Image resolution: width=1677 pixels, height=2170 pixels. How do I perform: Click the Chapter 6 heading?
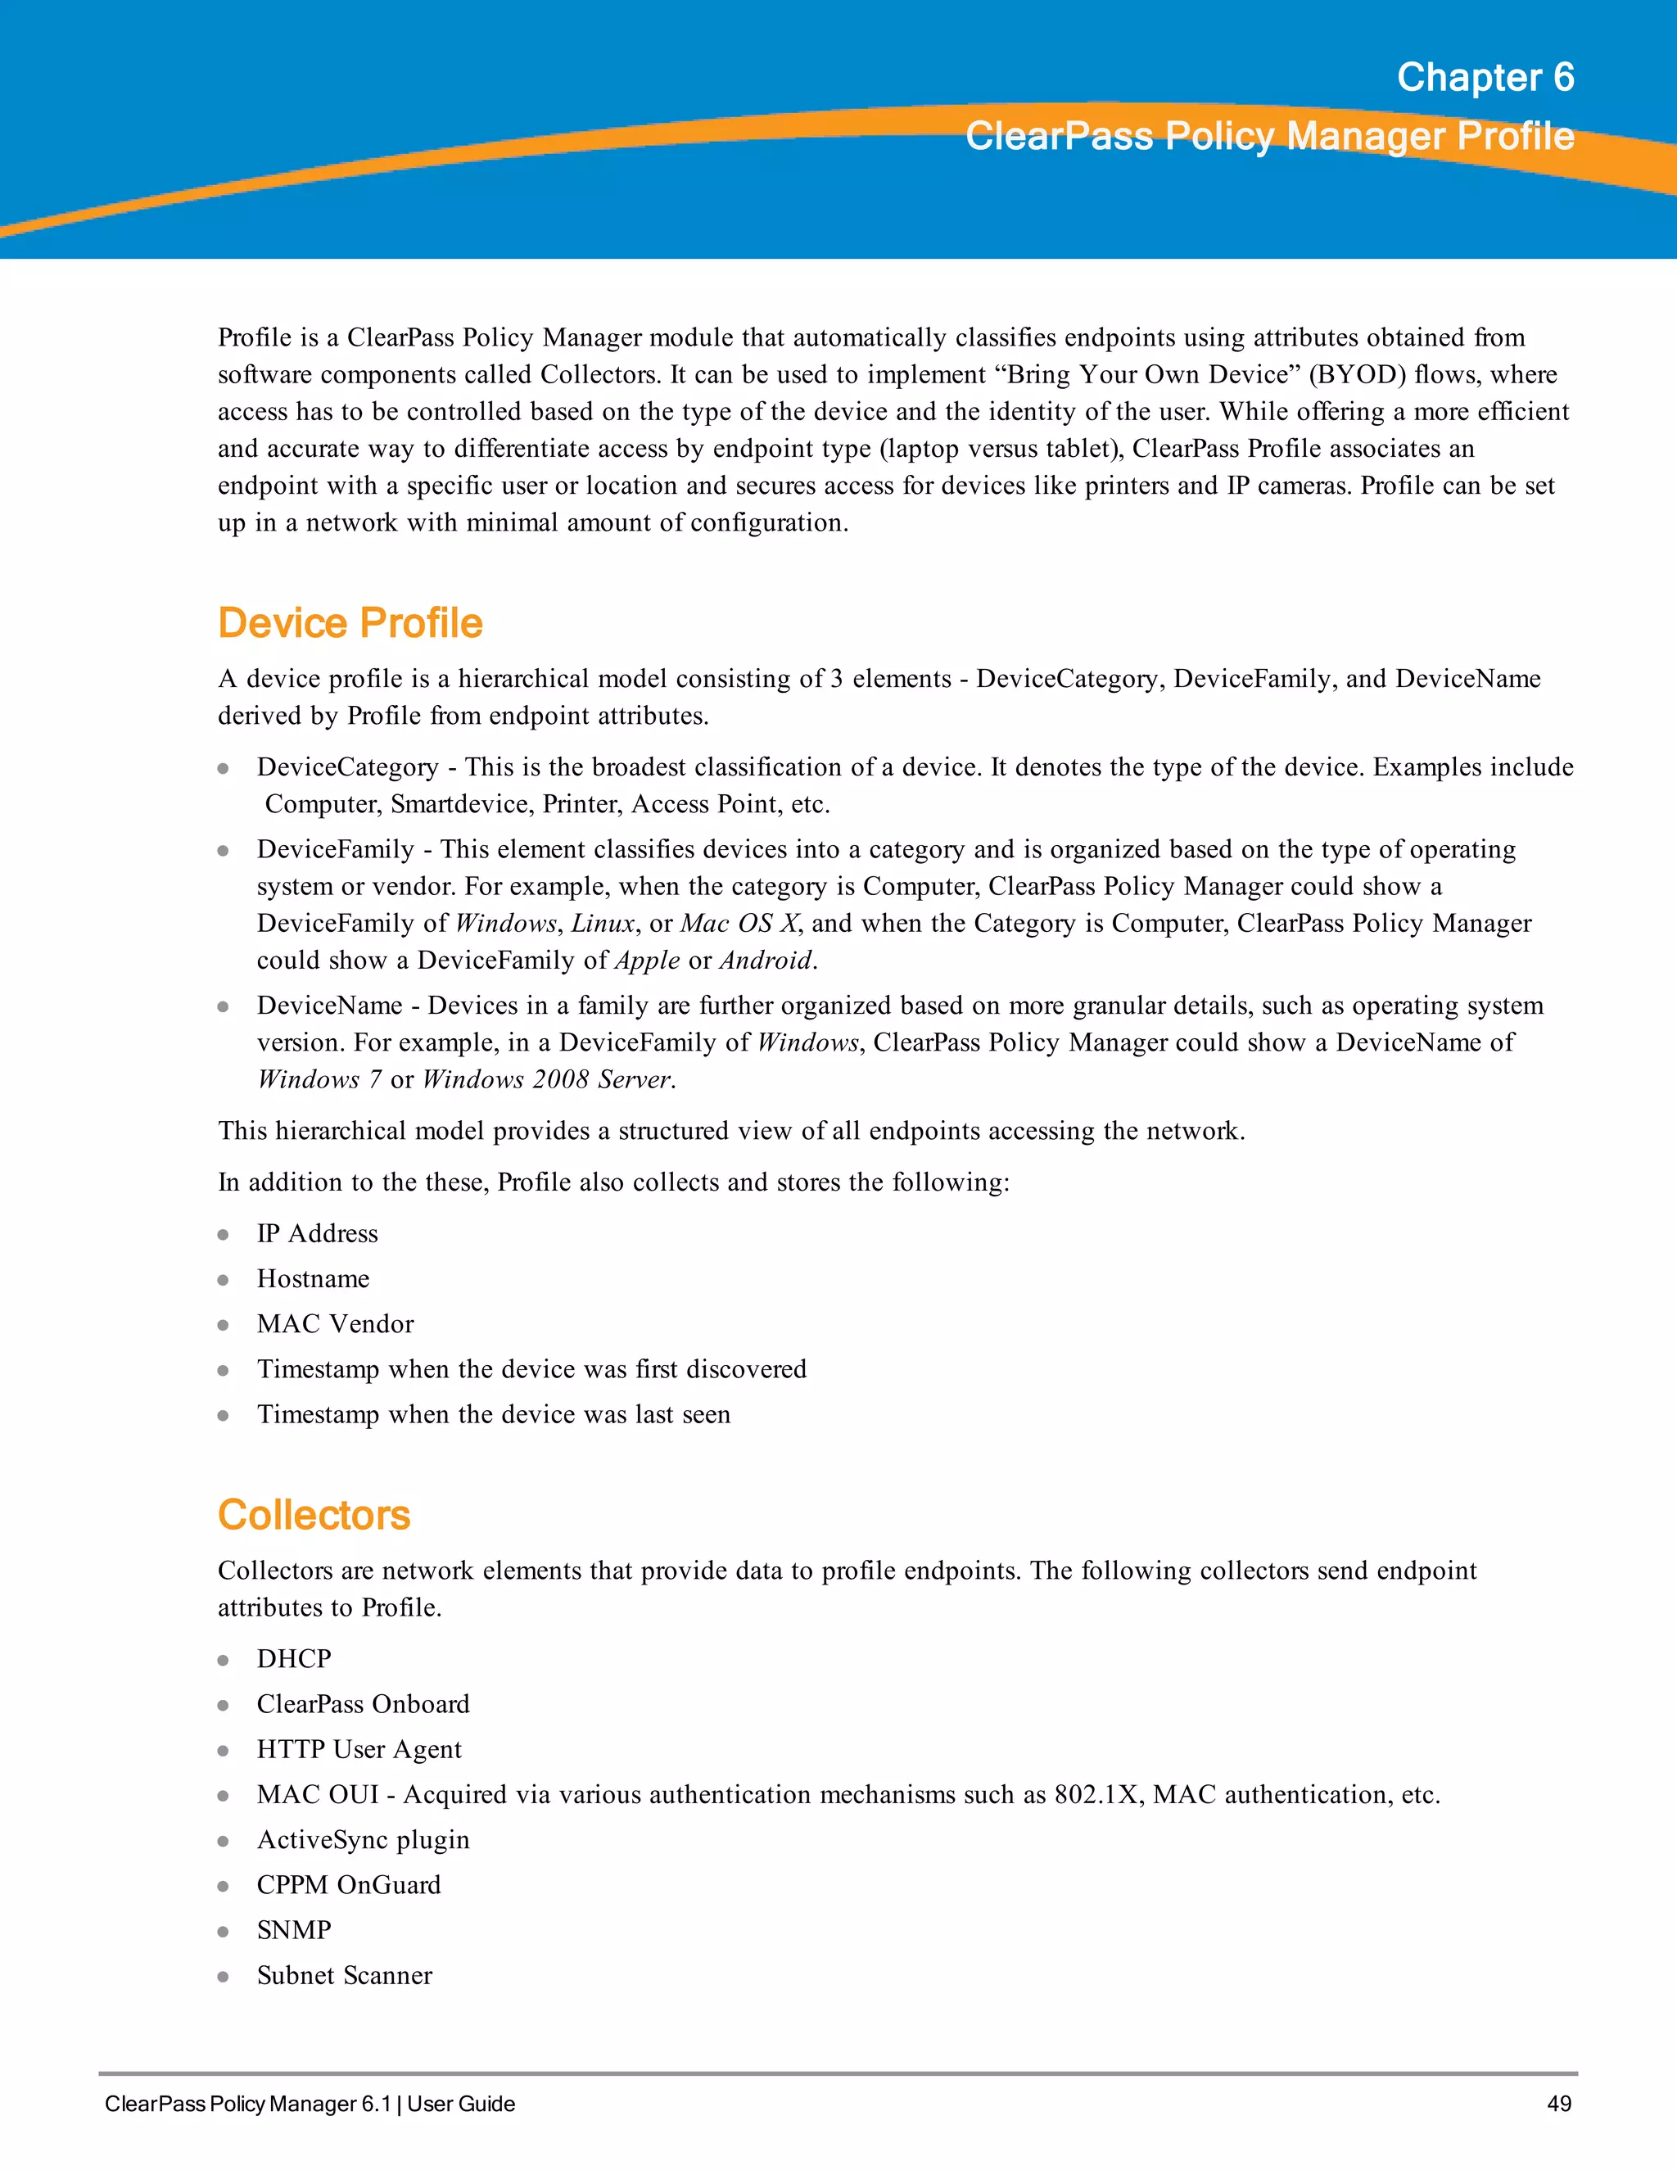[x=1485, y=78]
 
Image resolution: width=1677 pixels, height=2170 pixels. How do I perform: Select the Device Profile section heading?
[x=350, y=623]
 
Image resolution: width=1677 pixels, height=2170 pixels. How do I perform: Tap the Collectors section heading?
[x=314, y=1514]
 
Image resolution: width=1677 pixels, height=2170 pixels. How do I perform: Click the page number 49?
[x=1559, y=2104]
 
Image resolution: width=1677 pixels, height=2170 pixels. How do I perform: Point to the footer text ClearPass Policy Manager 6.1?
[x=248, y=2104]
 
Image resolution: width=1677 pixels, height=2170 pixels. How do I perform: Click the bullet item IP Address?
[x=317, y=1233]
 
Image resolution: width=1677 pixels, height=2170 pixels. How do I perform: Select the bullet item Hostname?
[x=313, y=1279]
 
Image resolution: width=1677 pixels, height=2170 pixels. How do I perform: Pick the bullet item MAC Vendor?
[x=335, y=1323]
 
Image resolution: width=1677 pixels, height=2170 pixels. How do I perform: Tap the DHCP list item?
[x=294, y=1658]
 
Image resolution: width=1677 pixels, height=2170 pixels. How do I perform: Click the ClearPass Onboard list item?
[x=363, y=1704]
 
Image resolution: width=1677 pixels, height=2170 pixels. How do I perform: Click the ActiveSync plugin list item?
[x=363, y=1839]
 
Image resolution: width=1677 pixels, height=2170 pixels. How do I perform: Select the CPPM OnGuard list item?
[x=349, y=1885]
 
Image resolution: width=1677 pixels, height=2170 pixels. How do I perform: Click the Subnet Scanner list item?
[x=344, y=1975]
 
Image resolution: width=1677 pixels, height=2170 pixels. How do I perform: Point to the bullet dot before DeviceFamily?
[x=224, y=851]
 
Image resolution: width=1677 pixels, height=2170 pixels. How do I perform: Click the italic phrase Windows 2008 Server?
[x=548, y=1079]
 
